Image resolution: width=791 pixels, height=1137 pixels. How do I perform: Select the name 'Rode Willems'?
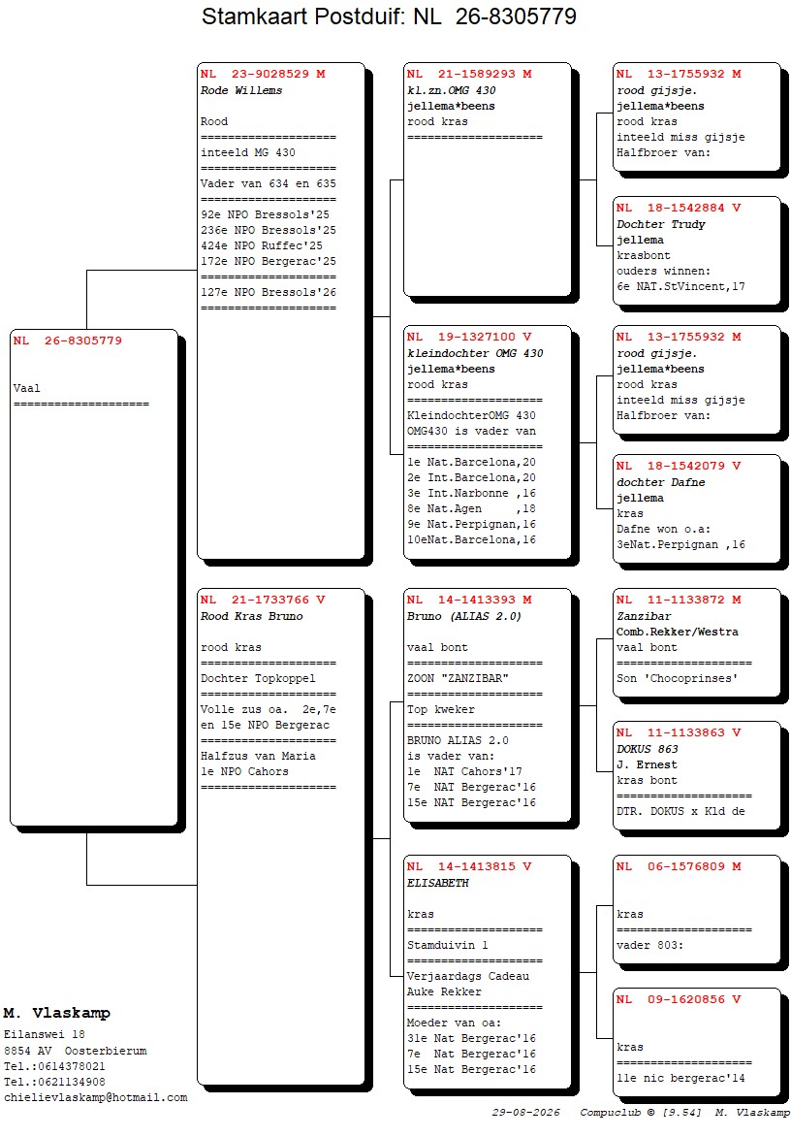[241, 90]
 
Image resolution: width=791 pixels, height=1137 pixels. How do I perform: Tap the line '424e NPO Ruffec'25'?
[262, 245]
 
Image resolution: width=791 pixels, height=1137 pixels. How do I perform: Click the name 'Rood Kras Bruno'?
[251, 616]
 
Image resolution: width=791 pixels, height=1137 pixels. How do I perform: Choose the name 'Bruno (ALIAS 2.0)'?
[464, 616]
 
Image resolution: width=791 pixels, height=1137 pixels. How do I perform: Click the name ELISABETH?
[437, 883]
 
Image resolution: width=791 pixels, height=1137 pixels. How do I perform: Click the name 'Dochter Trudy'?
[660, 225]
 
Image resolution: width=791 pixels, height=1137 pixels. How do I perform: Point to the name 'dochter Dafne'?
[660, 483]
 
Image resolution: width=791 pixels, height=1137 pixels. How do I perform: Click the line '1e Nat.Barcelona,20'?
[471, 463]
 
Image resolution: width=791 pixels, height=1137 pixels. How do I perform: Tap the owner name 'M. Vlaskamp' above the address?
[56, 1013]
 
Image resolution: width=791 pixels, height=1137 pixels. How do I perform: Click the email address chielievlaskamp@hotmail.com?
[96, 1098]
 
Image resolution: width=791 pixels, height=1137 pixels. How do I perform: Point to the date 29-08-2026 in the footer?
[526, 1113]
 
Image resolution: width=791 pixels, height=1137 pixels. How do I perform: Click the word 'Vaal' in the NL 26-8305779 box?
[27, 389]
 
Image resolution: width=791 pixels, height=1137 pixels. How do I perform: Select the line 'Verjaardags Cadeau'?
[468, 977]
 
